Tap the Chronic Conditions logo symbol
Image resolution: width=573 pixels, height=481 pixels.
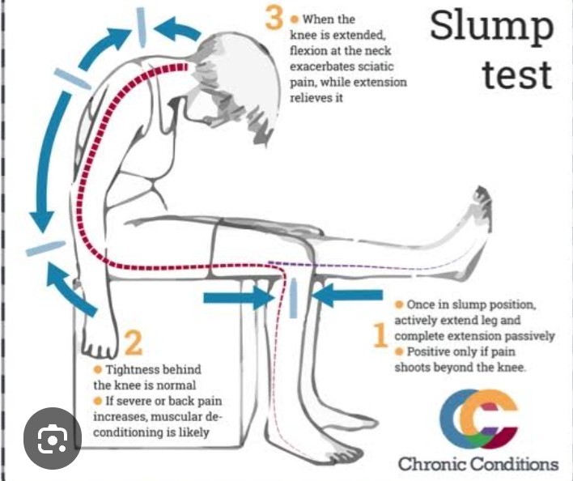click(x=478, y=419)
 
